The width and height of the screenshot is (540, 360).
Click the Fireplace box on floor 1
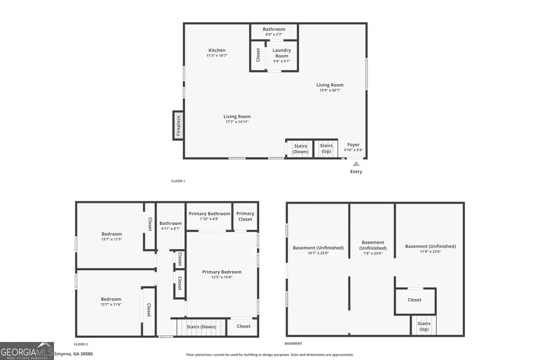[x=178, y=125]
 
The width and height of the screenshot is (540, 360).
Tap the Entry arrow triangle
[x=356, y=163]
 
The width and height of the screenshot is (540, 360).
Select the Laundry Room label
[x=281, y=53]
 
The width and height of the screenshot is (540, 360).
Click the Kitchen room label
[x=217, y=50]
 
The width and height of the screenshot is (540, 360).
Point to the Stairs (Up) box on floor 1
[x=326, y=148]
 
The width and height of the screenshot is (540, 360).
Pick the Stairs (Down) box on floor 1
[x=300, y=148]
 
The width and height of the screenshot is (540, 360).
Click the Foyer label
[x=353, y=145]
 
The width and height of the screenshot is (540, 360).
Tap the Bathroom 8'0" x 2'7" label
[x=274, y=29]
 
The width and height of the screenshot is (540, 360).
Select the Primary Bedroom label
[x=221, y=272]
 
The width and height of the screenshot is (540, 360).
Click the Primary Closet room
[x=245, y=217]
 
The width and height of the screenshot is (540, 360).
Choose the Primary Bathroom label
[x=209, y=214]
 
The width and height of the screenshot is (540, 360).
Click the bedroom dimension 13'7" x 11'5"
[x=112, y=239]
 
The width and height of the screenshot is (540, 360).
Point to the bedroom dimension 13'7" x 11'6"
[x=111, y=305]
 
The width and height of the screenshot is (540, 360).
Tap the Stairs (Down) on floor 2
[x=201, y=326]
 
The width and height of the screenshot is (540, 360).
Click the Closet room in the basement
[x=415, y=300]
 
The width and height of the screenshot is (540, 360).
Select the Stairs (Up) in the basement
[x=424, y=326]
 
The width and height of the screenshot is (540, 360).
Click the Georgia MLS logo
[x=27, y=350]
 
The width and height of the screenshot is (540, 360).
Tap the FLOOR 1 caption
[x=178, y=181]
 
